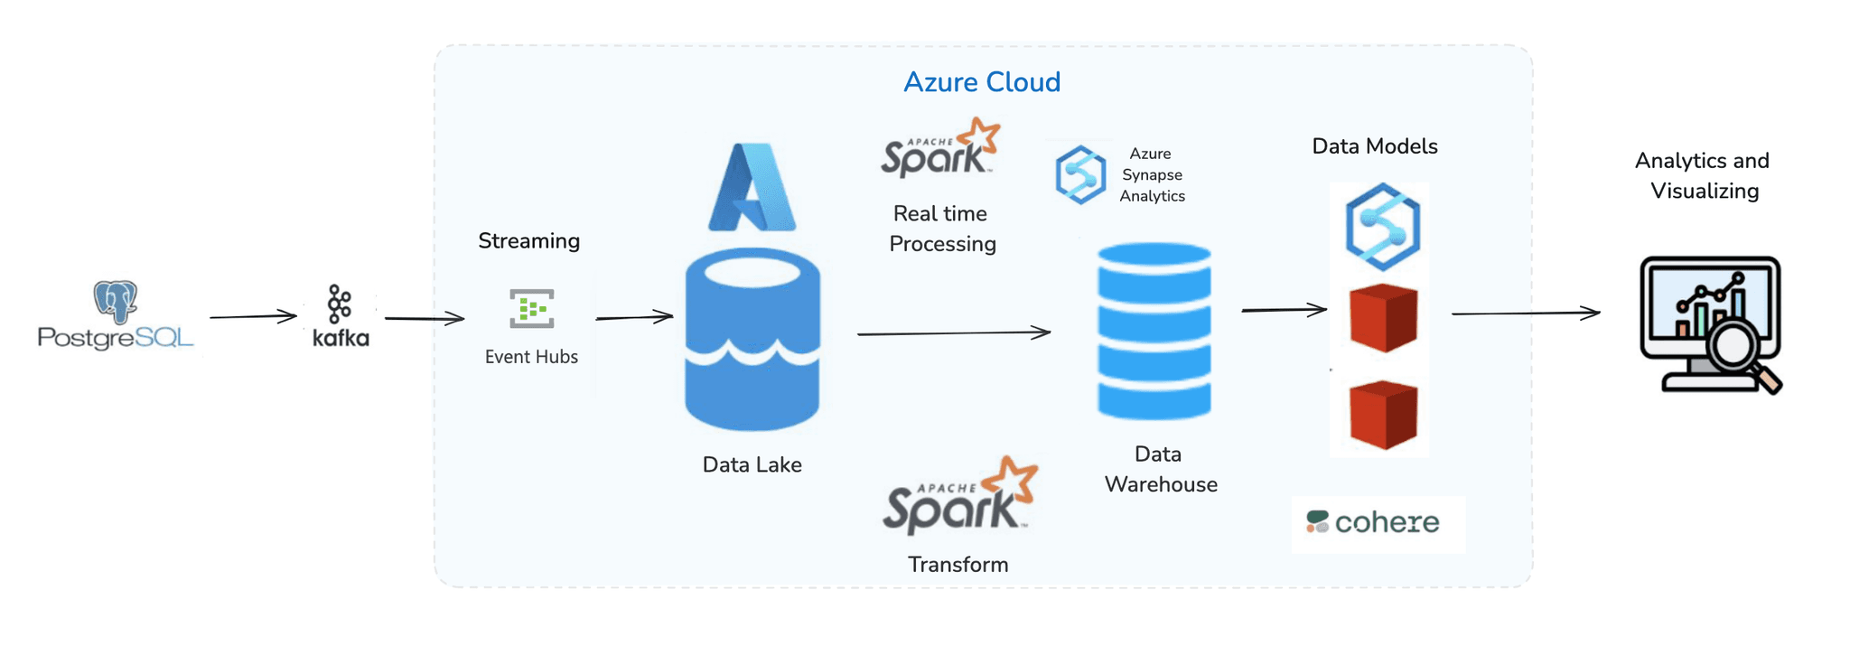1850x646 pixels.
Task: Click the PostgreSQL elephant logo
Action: pos(115,302)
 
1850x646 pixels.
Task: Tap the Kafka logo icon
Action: pos(340,305)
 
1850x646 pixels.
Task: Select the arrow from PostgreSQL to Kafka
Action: pos(253,316)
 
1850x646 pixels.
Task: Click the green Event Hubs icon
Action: pos(531,309)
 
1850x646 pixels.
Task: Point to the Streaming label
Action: pos(528,241)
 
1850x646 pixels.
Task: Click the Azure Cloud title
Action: pos(982,82)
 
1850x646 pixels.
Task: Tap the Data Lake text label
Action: pos(752,464)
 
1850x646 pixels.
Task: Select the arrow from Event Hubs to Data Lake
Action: pos(634,317)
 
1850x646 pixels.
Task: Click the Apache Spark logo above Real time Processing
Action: pos(939,149)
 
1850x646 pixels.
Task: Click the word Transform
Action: pos(958,565)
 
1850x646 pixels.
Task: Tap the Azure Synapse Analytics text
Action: pos(1152,175)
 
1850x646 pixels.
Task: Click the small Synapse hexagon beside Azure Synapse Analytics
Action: pos(1080,174)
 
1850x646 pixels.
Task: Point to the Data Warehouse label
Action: pos(1160,469)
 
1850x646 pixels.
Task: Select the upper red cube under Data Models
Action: pos(1383,317)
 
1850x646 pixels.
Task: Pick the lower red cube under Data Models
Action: pos(1383,414)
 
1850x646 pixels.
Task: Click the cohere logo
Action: pos(1374,522)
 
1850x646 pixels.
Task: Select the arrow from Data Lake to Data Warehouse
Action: pos(953,333)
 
